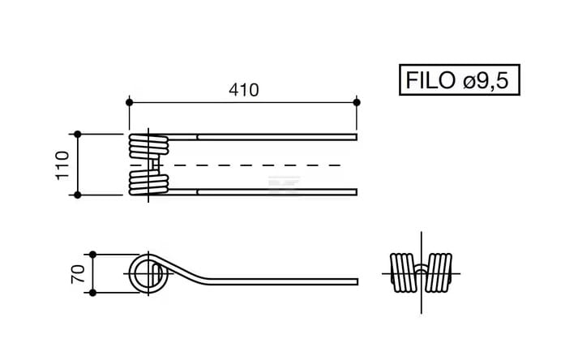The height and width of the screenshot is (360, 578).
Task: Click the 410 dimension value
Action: click(x=244, y=90)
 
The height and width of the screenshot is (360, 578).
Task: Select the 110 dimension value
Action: click(x=62, y=165)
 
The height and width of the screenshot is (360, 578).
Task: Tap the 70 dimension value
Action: click(x=77, y=274)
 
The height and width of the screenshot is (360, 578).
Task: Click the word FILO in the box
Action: click(x=430, y=80)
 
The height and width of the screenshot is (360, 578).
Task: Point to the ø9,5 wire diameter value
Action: click(x=486, y=80)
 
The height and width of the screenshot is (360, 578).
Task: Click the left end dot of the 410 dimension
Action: click(x=129, y=102)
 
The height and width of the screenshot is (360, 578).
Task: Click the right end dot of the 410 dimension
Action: click(x=357, y=102)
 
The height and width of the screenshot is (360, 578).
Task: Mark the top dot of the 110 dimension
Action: click(x=77, y=135)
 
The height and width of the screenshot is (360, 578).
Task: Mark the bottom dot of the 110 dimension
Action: click(x=77, y=195)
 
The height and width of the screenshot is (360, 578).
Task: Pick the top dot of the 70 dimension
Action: click(x=93, y=255)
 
